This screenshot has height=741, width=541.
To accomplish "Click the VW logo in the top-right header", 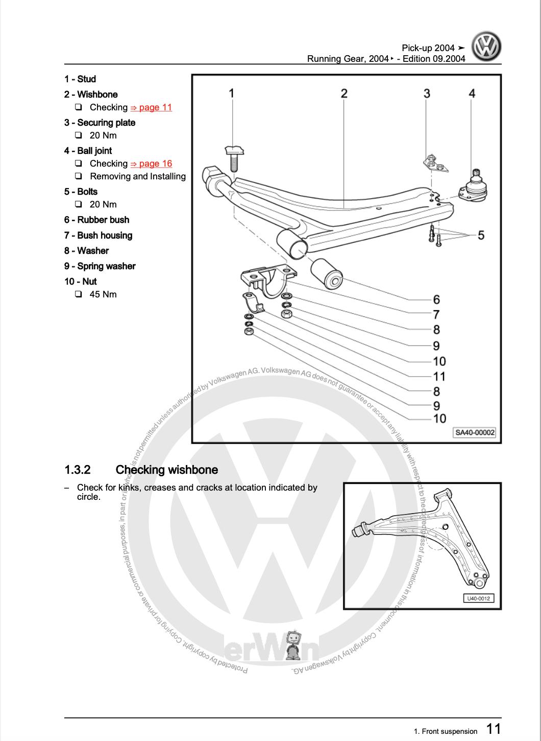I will pyautogui.click(x=486, y=47).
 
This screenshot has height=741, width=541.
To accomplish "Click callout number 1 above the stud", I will pyautogui.click(x=231, y=93).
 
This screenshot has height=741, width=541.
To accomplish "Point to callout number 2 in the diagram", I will pyautogui.click(x=344, y=93).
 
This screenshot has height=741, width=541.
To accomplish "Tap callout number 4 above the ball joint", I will pyautogui.click(x=472, y=93).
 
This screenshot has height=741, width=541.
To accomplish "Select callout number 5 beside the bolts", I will pyautogui.click(x=481, y=235).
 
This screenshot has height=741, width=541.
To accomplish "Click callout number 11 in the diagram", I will pyautogui.click(x=439, y=377).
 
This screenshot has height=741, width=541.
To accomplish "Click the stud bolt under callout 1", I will pyautogui.click(x=234, y=158).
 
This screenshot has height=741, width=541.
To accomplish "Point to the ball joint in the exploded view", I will pyautogui.click(x=475, y=187).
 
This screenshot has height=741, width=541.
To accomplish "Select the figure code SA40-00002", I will pyautogui.click(x=475, y=432).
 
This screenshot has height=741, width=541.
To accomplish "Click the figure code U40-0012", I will pyautogui.click(x=479, y=598).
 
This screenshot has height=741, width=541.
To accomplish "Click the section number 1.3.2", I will pyautogui.click(x=78, y=470).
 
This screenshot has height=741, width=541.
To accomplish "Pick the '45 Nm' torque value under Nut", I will pyautogui.click(x=103, y=294).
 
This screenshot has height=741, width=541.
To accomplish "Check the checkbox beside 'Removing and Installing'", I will pyautogui.click(x=79, y=176).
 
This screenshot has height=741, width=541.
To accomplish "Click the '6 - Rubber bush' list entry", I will pyautogui.click(x=96, y=220).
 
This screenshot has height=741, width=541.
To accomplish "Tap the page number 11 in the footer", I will pyautogui.click(x=493, y=728).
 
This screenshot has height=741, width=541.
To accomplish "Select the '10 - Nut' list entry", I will pyautogui.click(x=80, y=282).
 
